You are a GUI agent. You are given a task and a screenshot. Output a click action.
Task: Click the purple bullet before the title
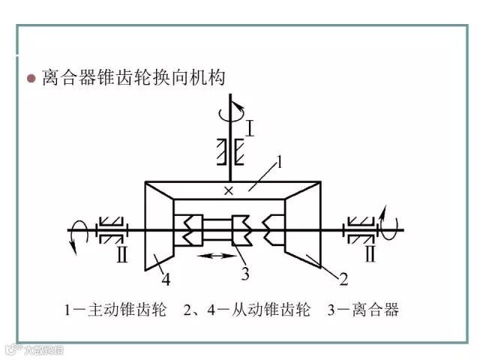[x=31, y=78]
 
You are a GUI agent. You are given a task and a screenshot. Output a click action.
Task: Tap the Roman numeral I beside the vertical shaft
[x=250, y=127]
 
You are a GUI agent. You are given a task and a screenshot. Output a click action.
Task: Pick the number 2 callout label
[x=343, y=280]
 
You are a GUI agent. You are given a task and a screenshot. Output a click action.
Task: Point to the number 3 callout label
[x=245, y=273]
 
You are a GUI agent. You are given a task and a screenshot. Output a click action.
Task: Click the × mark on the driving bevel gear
[x=229, y=192]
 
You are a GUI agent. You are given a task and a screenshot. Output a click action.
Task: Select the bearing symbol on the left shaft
[x=113, y=229]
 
